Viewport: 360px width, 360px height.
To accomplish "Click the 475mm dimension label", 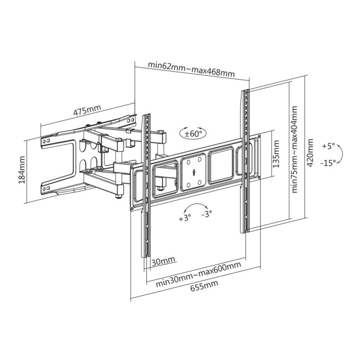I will coord(87,111).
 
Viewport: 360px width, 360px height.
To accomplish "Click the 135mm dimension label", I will coord(277,154).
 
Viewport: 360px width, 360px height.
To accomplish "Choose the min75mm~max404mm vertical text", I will coord(294,149).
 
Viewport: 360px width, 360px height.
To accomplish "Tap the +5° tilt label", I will coord(328,146).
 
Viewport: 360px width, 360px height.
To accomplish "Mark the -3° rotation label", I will coord(207,214).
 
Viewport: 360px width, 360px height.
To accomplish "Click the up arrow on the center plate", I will coord(193,171).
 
